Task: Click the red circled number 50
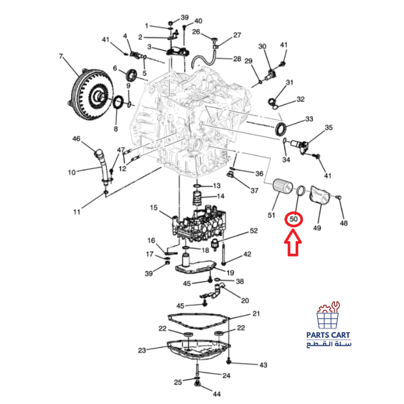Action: click(293, 219)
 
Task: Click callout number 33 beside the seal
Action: click(309, 119)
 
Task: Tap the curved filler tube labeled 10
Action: click(104, 166)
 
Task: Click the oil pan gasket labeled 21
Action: click(198, 322)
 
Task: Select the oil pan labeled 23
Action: click(199, 350)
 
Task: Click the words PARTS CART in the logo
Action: click(328, 335)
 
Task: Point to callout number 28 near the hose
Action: click(237, 59)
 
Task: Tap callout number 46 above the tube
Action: click(76, 139)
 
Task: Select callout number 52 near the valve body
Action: click(254, 231)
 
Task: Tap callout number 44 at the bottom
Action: click(217, 394)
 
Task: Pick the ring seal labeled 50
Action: click(301, 191)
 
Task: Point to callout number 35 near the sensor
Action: click(328, 128)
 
